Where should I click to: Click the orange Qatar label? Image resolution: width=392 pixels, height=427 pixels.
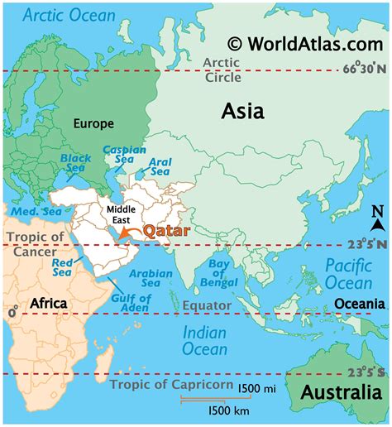[168, 232]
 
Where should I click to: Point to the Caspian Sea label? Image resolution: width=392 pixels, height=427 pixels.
[124, 156]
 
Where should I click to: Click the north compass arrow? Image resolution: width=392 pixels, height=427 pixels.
[377, 218]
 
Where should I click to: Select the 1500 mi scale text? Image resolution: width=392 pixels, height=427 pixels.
[257, 389]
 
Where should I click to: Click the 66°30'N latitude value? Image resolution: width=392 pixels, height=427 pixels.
[362, 70]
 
